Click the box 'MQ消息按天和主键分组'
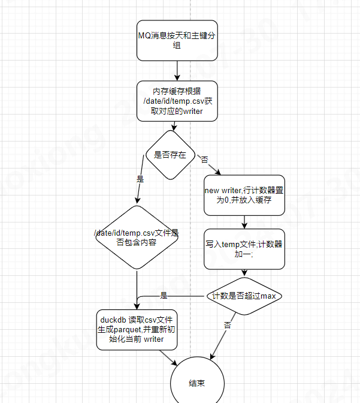point(177,40)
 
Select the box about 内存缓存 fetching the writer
point(177,101)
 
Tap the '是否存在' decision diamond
point(170,155)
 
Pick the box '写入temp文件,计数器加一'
point(244,249)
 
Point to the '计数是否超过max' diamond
point(244,296)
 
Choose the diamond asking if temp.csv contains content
point(137,237)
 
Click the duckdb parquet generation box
point(137,330)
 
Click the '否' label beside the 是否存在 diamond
point(204,160)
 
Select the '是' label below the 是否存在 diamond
point(141,179)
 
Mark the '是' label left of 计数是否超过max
point(164,296)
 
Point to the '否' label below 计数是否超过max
point(228,324)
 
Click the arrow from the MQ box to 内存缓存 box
point(177,71)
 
